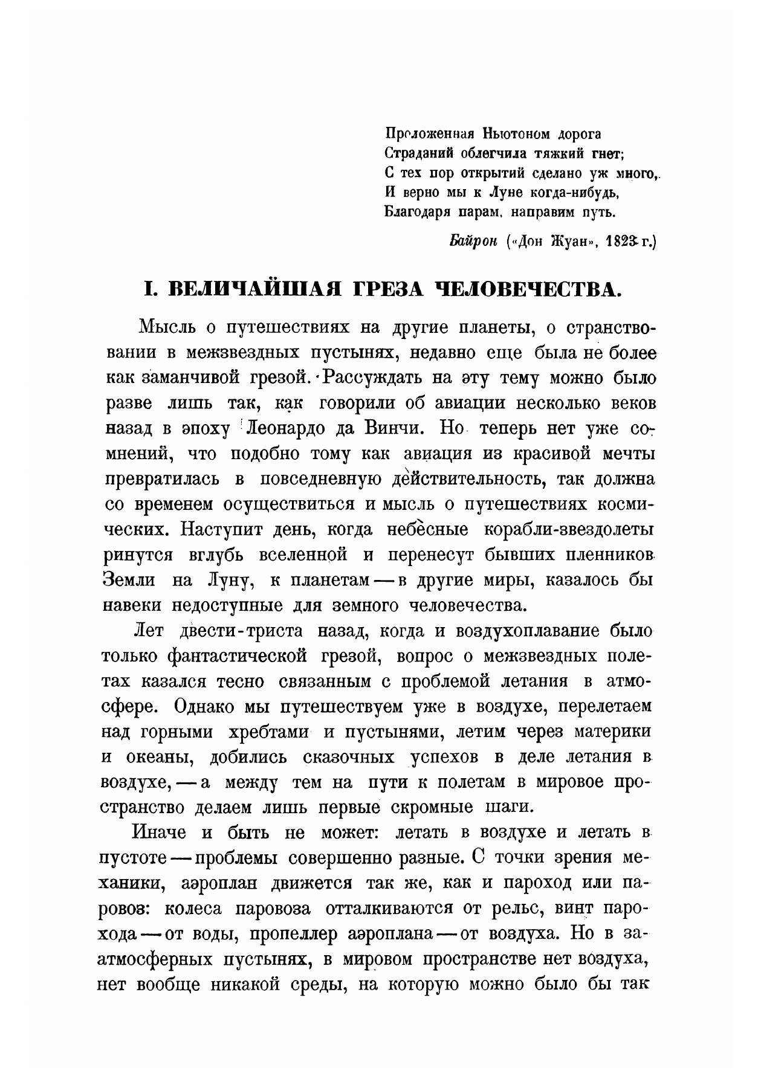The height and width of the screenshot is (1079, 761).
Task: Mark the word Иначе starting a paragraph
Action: (159, 833)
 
